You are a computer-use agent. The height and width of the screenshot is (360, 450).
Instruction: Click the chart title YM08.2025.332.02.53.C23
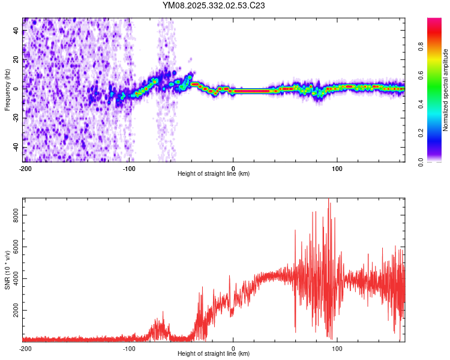(214, 5)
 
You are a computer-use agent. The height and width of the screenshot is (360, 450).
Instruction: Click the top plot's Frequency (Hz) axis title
(7, 90)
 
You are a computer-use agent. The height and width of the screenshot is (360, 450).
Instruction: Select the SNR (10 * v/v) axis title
(7, 270)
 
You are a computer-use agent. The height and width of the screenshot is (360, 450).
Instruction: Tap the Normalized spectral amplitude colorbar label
(446, 90)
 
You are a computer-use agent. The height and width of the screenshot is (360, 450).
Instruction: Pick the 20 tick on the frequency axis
(17, 59)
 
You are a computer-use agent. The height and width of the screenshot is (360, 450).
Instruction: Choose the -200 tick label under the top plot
(25, 169)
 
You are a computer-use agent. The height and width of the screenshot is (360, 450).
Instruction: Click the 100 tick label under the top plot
(337, 169)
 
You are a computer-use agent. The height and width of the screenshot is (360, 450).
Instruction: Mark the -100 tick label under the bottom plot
(129, 348)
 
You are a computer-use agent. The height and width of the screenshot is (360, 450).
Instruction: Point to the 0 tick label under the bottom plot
(233, 348)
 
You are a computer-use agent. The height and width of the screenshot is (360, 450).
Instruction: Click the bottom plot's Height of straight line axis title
(214, 353)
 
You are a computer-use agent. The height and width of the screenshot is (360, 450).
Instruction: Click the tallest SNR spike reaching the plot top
(328, 201)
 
